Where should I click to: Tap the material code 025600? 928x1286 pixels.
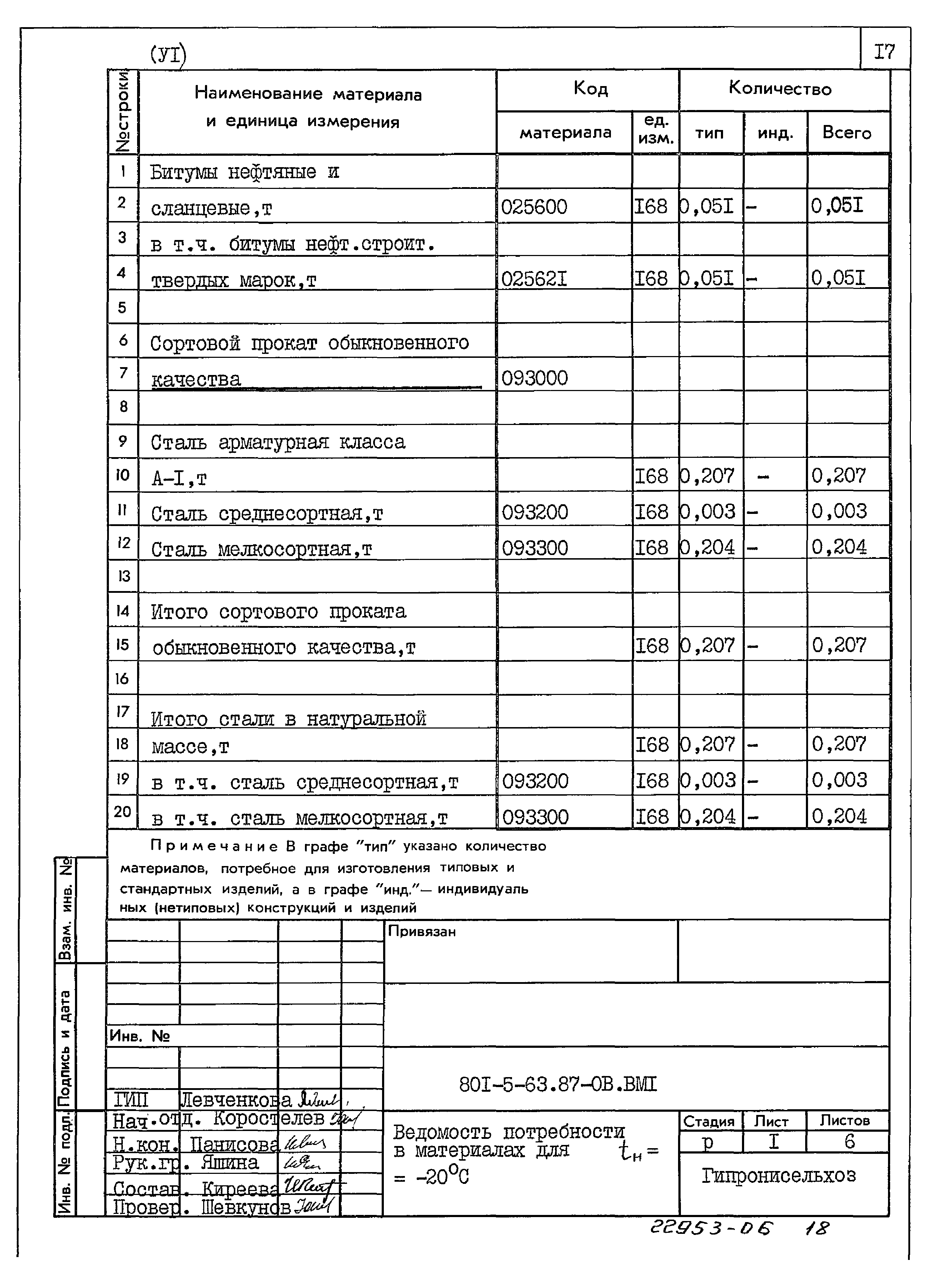[x=534, y=207]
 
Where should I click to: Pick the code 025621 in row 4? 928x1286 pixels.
[x=534, y=279]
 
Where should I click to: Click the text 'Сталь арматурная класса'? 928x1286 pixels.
[x=278, y=442]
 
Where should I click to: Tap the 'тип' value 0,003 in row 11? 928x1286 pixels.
[x=709, y=511]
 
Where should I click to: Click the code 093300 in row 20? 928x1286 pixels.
[x=535, y=817]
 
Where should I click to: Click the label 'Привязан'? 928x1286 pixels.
[x=422, y=932]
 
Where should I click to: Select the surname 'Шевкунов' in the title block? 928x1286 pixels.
[x=245, y=1208]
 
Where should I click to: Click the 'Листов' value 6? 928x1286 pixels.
[x=849, y=1141]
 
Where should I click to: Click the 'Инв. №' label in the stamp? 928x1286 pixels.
[x=140, y=1036]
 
